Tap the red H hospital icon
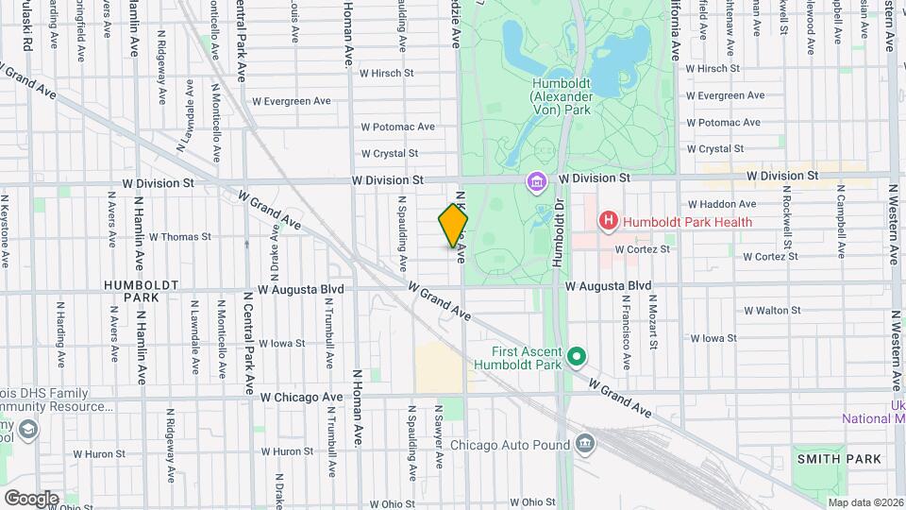(x=609, y=221)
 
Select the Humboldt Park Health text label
(x=687, y=222)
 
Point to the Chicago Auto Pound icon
(x=585, y=444)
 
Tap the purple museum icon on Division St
(x=537, y=180)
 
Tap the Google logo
(x=31, y=498)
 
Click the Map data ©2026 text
(x=864, y=501)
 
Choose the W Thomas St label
(x=179, y=237)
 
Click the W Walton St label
(x=771, y=310)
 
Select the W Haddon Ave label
(x=722, y=203)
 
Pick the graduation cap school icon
(x=28, y=431)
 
